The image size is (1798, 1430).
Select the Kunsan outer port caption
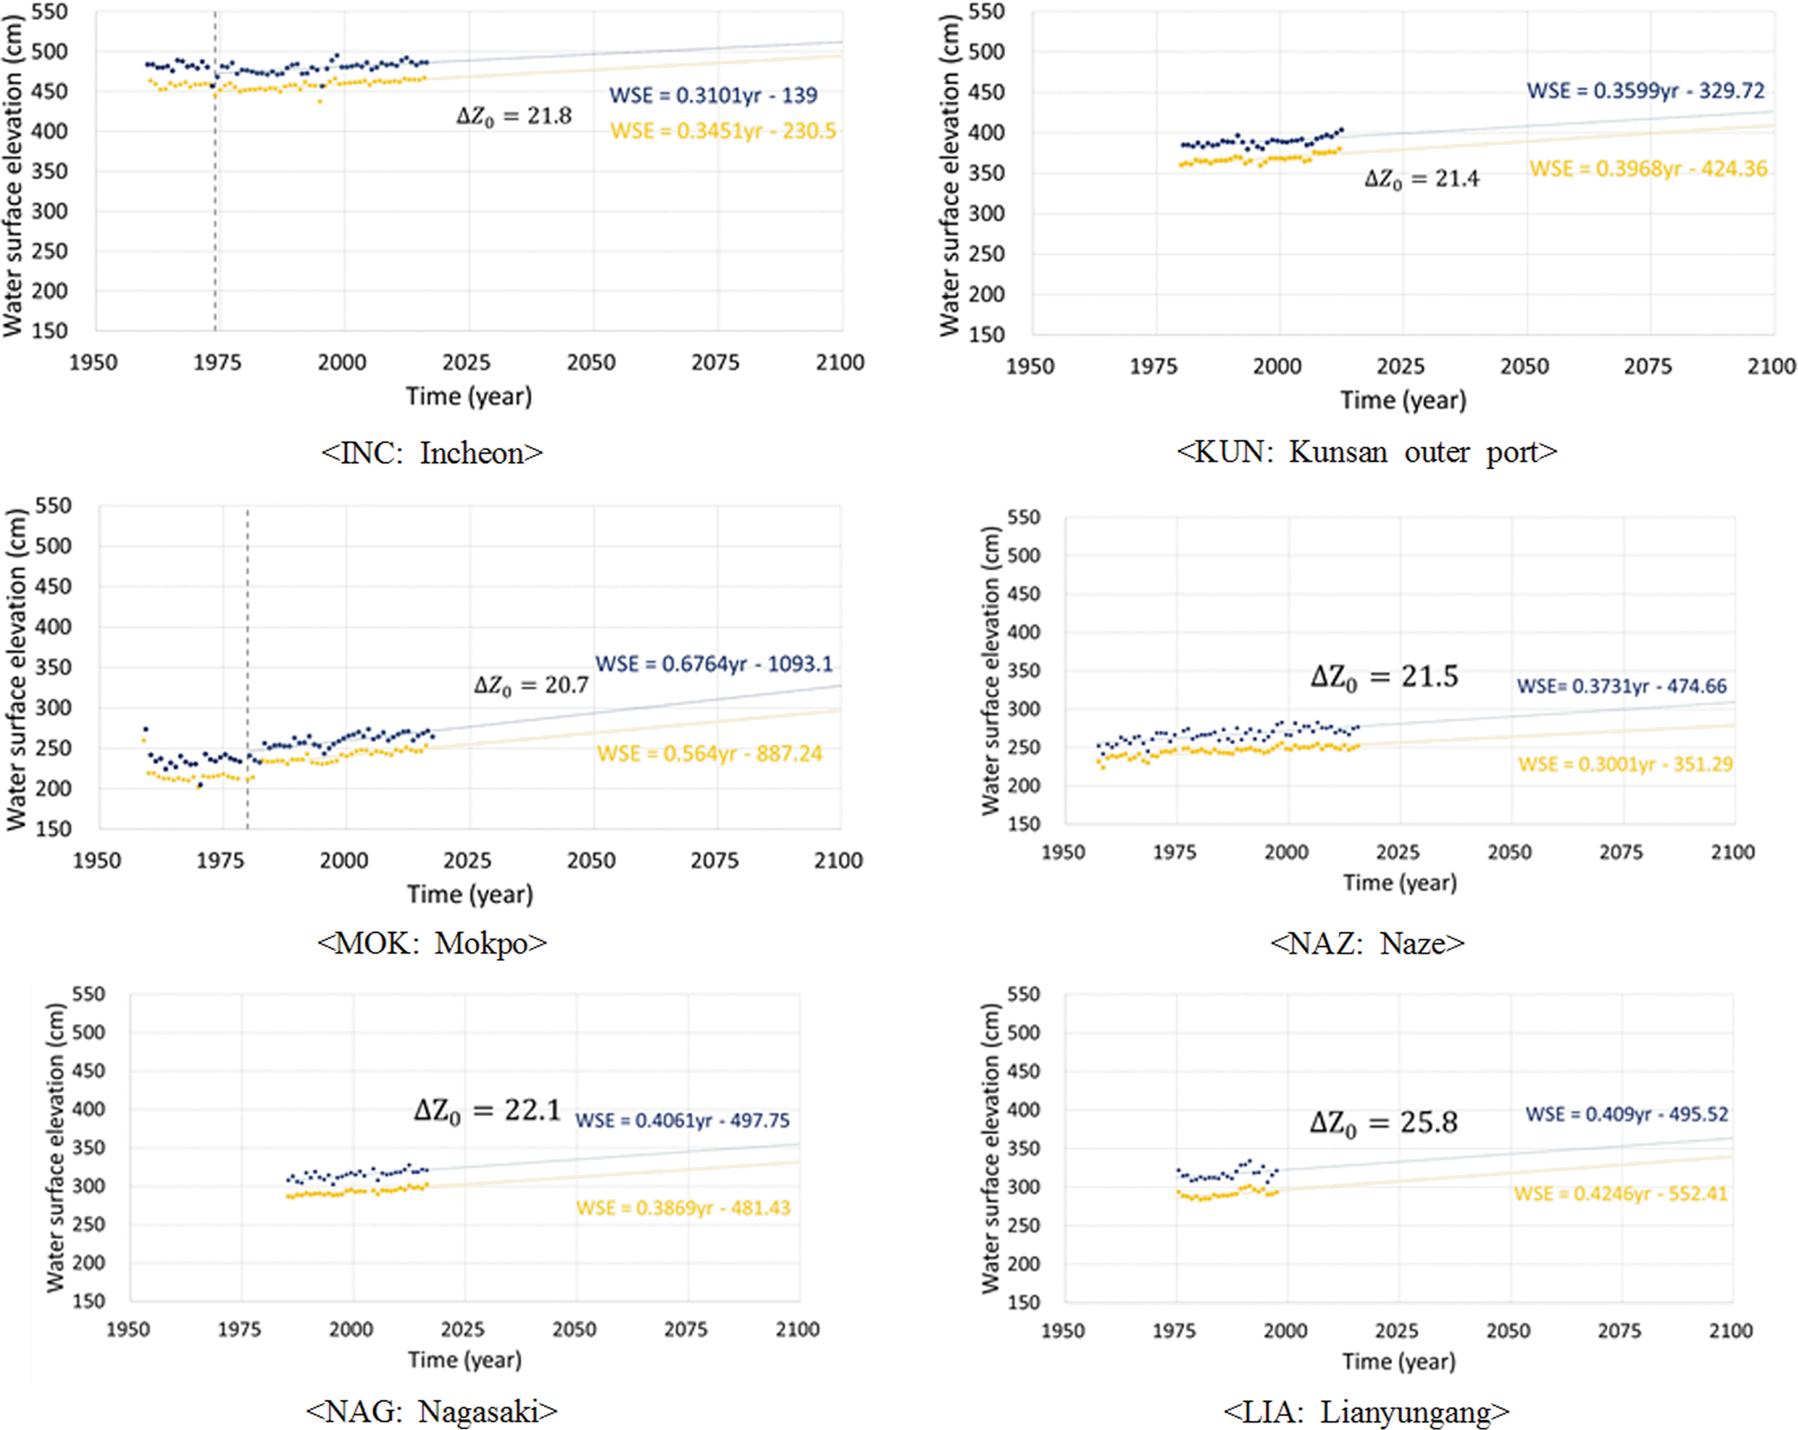(1366, 451)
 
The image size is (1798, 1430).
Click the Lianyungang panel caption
(1366, 1412)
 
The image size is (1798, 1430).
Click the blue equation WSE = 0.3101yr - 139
(713, 95)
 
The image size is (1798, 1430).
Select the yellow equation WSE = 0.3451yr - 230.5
(723, 131)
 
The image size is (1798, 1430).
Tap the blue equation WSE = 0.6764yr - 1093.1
(714, 664)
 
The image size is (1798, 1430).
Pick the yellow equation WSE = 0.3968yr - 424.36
(1648, 169)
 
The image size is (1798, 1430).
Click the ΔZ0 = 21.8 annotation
(514, 116)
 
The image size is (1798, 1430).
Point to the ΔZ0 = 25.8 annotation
(1383, 1123)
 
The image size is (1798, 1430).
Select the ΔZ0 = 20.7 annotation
(531, 686)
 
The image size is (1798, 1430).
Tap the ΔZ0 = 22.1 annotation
(488, 1111)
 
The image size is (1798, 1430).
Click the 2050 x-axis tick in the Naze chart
(1510, 852)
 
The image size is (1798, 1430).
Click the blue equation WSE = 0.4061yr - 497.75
(682, 1121)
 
